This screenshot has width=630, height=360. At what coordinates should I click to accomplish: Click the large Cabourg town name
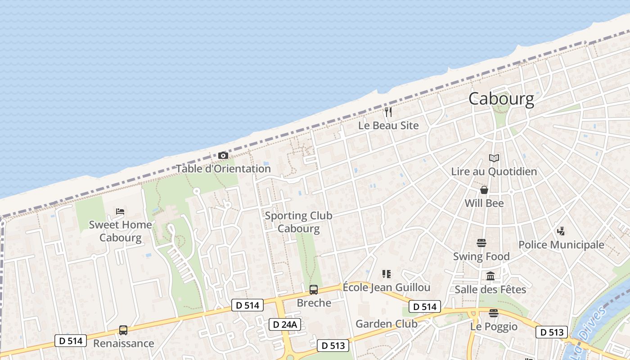click(501, 99)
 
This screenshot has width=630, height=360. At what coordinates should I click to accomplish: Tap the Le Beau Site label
click(388, 126)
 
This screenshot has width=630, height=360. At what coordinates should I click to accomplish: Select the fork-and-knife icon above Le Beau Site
click(388, 112)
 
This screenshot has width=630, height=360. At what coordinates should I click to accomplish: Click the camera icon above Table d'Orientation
click(223, 155)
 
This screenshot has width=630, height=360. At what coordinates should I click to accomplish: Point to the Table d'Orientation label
click(223, 169)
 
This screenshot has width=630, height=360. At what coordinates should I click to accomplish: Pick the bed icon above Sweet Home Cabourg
click(120, 211)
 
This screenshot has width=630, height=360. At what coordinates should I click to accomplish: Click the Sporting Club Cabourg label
click(298, 222)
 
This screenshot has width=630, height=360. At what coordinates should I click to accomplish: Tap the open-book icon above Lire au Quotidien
click(494, 158)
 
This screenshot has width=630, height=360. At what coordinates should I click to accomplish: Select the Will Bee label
click(484, 203)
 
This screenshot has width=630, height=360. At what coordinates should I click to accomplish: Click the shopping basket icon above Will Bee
click(484, 190)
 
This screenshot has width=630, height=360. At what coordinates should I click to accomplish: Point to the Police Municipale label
click(561, 245)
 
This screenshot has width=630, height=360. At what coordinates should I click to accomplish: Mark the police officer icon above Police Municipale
click(561, 231)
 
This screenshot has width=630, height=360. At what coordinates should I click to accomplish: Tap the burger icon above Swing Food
click(481, 243)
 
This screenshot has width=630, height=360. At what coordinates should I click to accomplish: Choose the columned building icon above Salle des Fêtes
click(490, 276)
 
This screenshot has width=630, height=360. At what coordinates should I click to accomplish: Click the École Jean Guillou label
click(387, 287)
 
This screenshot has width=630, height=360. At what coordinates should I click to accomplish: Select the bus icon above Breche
click(314, 290)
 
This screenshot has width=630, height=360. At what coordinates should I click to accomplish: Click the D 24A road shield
click(284, 324)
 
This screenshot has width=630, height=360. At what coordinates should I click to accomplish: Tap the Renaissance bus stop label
click(123, 343)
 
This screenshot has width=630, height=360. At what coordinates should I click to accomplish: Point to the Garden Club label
click(387, 324)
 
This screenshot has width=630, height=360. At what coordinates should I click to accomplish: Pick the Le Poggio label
click(494, 326)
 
